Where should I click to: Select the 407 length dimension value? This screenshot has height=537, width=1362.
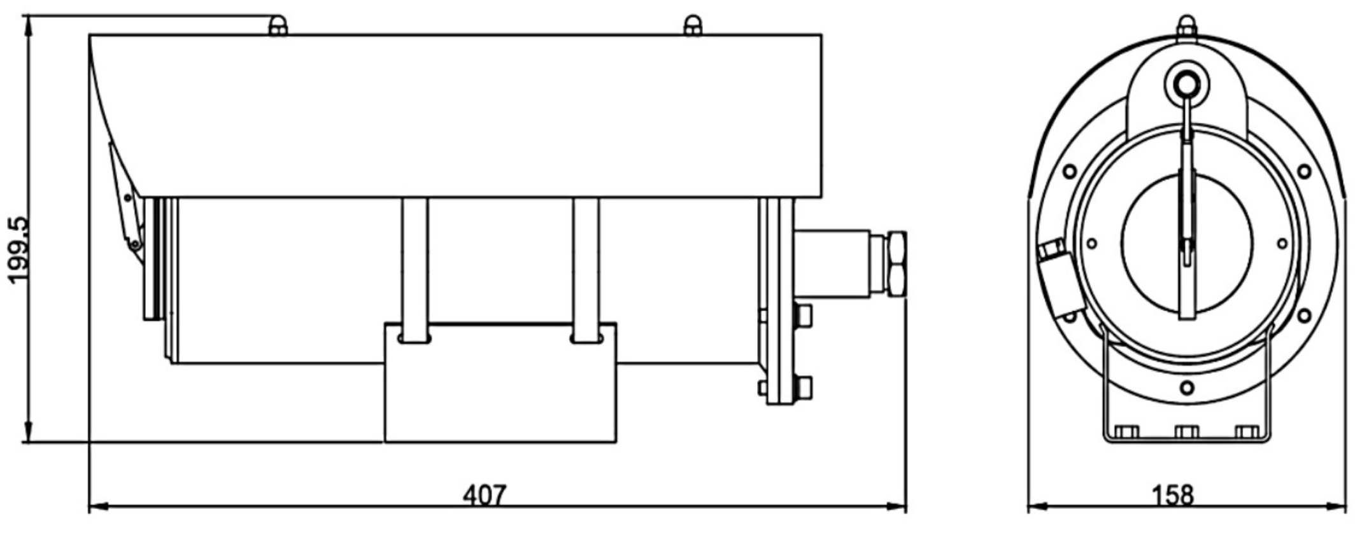(485, 495)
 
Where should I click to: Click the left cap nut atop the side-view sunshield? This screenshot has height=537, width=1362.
(278, 26)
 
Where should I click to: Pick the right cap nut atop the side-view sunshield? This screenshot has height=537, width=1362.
(693, 26)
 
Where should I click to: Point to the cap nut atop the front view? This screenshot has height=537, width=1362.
(1186, 28)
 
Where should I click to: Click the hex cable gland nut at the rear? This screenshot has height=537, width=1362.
(897, 263)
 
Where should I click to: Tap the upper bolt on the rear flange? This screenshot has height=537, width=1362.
(804, 316)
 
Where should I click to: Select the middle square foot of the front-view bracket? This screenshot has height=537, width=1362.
(1187, 433)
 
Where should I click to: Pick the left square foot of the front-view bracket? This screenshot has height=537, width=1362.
(1126, 433)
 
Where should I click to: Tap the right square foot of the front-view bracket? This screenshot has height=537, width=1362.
(1247, 433)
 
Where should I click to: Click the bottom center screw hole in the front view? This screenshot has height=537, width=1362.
(1187, 387)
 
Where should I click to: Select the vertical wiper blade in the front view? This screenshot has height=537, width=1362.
(1187, 229)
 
